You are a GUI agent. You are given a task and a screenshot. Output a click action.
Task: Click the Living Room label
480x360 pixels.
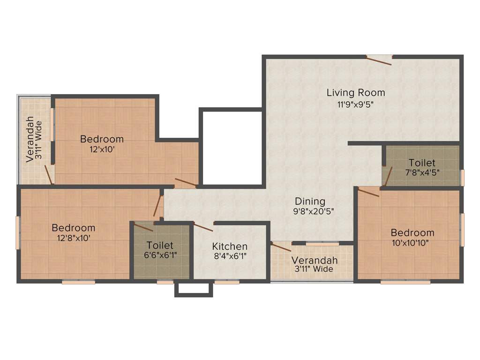pos(356,92)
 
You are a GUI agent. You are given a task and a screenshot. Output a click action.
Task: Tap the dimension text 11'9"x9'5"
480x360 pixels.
pos(356,105)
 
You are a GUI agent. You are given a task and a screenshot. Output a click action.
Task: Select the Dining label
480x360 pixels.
pos(310,201)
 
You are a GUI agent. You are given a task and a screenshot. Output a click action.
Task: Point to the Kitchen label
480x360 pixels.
pos(230,246)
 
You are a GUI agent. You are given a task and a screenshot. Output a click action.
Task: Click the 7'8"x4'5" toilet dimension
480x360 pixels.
pos(421,172)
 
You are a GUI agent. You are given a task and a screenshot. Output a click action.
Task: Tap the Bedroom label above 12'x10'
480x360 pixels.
pos(102,139)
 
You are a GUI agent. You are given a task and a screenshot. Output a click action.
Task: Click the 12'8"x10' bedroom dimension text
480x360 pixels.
pos(73,238)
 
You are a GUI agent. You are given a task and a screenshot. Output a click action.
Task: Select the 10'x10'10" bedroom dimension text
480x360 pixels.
pos(412,243)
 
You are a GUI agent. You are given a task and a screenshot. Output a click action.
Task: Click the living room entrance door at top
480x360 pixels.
pos(379,60)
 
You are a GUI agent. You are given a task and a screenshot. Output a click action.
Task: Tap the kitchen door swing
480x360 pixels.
pos(203,227)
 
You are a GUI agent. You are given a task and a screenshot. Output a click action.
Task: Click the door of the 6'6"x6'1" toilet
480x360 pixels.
pos(143,227)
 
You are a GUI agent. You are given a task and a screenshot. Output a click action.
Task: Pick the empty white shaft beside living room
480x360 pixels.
pos(232,147)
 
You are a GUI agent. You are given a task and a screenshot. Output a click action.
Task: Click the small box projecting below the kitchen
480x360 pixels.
pos(194,289)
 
